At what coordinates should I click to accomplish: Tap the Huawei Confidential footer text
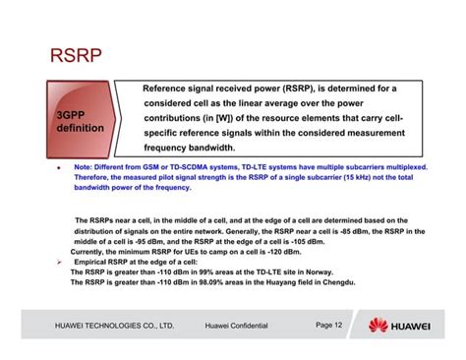click(236, 325)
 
